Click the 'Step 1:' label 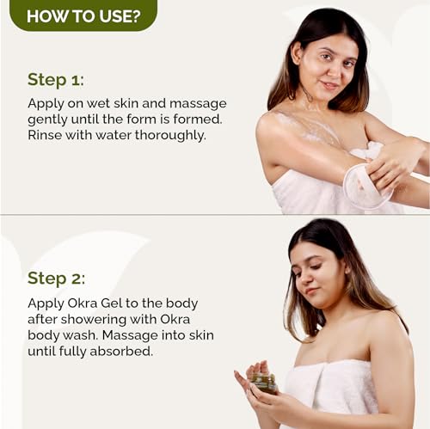click(55, 79)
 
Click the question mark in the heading click(137, 15)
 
